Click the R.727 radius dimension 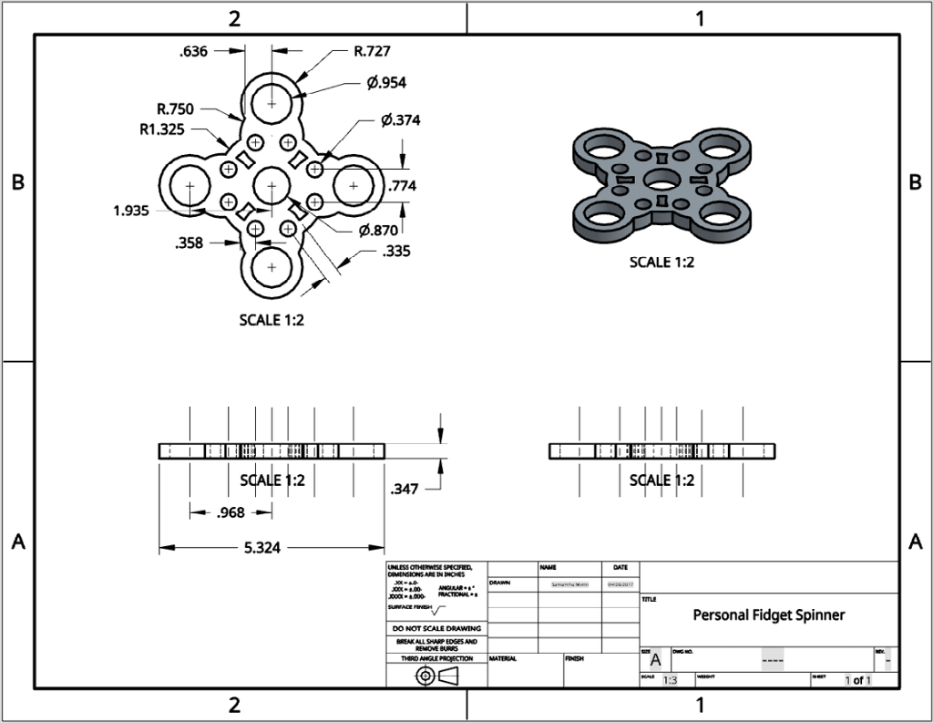click(372, 51)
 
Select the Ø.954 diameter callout click(386, 83)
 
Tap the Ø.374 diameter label click(400, 120)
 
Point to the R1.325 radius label click(162, 129)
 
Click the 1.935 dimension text click(132, 211)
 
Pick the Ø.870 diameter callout click(378, 230)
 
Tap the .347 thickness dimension click(404, 490)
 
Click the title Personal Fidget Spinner click(769, 615)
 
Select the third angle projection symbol click(436, 676)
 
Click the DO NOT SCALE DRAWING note click(436, 629)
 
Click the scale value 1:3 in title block click(670, 681)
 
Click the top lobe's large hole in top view click(272, 102)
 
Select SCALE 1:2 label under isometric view click(662, 263)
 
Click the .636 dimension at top click(193, 51)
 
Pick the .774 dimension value click(403, 186)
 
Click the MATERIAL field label click(504, 658)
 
